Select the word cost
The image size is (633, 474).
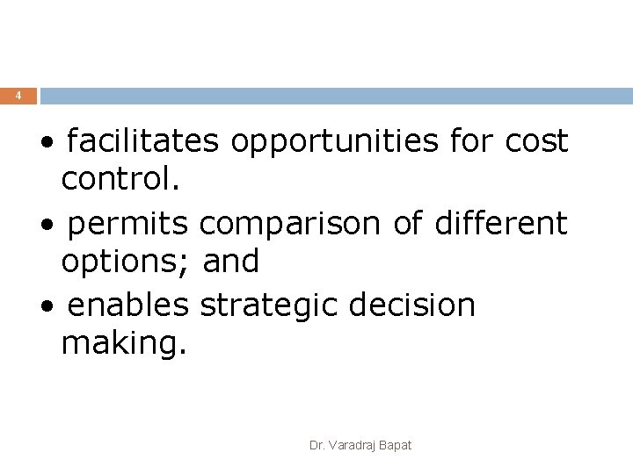point(536,140)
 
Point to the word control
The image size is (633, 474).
point(120,180)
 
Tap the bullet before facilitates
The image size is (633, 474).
point(55,143)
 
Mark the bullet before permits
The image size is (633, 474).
point(55,226)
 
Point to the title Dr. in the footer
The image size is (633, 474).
point(316,446)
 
